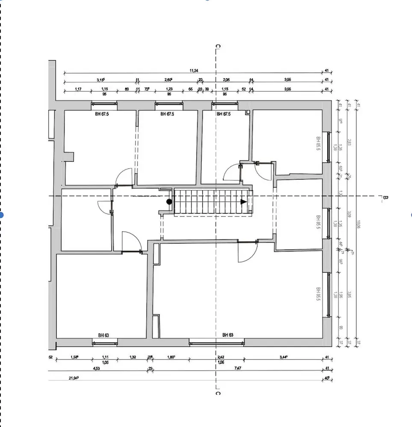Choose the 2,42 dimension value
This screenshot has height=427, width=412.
(x=221, y=357)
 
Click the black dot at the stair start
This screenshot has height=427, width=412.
(x=169, y=202)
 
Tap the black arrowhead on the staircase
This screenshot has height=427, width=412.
(x=244, y=202)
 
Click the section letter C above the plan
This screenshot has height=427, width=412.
(x=218, y=46)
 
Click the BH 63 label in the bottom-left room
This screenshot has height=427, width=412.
(x=103, y=336)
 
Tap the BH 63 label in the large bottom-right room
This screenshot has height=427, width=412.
(x=228, y=336)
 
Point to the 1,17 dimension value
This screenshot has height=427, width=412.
(x=78, y=89)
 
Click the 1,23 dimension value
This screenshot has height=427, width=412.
(x=169, y=89)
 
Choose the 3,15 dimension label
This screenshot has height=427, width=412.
(x=101, y=80)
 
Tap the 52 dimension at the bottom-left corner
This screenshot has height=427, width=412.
(x=50, y=357)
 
